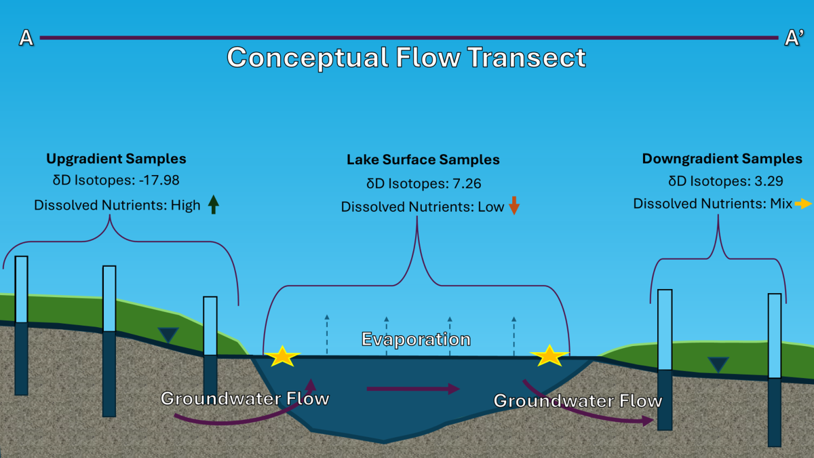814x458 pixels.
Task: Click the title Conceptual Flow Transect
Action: click(406, 57)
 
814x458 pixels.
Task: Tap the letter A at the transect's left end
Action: click(26, 38)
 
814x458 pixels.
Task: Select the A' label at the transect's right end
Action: click(794, 39)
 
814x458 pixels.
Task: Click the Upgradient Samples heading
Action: click(116, 159)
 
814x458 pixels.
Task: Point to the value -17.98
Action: click(157, 182)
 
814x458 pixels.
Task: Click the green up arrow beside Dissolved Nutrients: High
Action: click(214, 204)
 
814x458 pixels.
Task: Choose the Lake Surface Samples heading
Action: click(423, 160)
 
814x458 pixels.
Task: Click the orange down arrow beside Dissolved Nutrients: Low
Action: click(513, 206)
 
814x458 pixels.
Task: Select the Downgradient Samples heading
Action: click(722, 159)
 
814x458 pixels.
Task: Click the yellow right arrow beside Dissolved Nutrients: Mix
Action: click(803, 204)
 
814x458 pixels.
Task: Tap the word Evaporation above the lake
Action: click(416, 339)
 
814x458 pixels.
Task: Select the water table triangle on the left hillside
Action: click(168, 335)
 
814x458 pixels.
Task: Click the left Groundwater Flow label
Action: click(244, 398)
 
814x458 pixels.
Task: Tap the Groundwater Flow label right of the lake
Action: click(577, 401)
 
